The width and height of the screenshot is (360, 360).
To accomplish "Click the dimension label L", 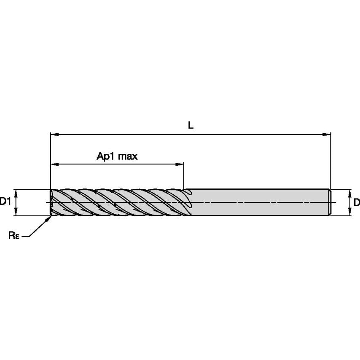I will point(191,125).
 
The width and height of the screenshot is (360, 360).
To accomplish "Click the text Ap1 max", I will point(117,156).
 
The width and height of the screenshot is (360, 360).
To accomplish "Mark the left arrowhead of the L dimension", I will point(54,134).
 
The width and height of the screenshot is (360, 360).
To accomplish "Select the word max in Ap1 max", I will point(128,156).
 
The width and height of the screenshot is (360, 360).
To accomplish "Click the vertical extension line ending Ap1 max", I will point(184,175).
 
